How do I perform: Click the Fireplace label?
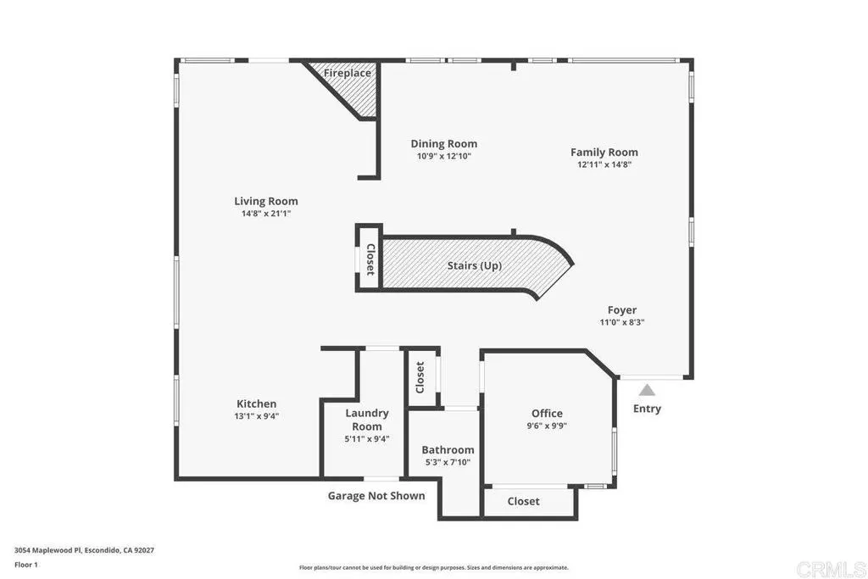click(x=348, y=74)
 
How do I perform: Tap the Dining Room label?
click(x=443, y=144)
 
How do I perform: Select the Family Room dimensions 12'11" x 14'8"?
click(x=604, y=164)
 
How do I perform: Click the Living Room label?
click(x=266, y=202)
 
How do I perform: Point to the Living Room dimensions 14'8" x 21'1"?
click(x=266, y=214)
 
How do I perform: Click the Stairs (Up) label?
click(x=475, y=266)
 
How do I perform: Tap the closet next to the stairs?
click(x=370, y=260)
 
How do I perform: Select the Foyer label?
click(x=621, y=310)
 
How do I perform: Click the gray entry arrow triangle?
click(x=647, y=390)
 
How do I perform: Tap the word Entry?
click(x=647, y=409)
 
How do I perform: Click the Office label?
click(x=547, y=414)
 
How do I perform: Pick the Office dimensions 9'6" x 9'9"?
click(x=547, y=426)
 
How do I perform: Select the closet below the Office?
click(x=523, y=501)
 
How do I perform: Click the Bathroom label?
click(x=448, y=450)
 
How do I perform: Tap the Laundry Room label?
click(x=367, y=420)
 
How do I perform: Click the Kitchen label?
click(x=256, y=404)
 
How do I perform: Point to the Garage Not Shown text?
click(x=376, y=496)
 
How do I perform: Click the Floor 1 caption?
click(x=27, y=564)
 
